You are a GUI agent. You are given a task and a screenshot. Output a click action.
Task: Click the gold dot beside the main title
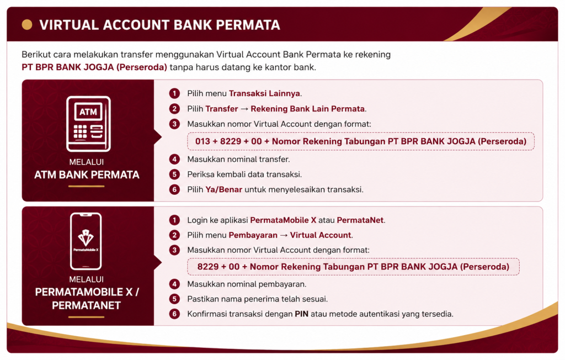click(27, 24)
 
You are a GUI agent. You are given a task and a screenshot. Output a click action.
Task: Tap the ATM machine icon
click(88, 124)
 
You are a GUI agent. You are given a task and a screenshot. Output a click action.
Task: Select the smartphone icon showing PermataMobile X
click(86, 241)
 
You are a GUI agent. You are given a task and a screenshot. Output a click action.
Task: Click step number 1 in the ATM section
click(174, 93)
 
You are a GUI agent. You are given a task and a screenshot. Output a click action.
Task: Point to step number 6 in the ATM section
click(174, 189)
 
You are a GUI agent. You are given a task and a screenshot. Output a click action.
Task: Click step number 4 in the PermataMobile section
click(174, 284)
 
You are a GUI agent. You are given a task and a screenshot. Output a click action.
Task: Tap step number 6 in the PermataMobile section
click(174, 314)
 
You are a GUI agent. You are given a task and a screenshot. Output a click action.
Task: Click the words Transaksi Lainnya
click(264, 93)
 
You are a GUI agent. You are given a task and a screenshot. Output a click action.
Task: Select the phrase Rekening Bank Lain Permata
click(308, 109)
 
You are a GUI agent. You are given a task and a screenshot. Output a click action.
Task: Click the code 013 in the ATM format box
click(202, 141)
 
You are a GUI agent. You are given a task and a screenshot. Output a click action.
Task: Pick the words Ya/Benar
click(224, 189)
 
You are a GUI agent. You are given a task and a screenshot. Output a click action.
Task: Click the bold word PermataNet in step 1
click(360, 220)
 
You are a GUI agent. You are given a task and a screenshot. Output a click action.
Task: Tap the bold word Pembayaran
click(253, 235)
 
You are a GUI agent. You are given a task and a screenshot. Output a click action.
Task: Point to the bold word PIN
click(302, 314)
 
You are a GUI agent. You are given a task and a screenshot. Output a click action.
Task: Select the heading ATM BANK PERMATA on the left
click(87, 174)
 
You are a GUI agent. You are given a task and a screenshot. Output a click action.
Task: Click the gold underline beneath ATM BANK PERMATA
click(87, 186)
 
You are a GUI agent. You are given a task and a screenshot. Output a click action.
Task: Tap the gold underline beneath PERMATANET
click(87, 317)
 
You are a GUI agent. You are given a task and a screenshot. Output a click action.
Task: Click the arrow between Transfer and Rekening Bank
click(244, 109)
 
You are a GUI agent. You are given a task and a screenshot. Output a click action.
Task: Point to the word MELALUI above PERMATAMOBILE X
click(87, 279)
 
